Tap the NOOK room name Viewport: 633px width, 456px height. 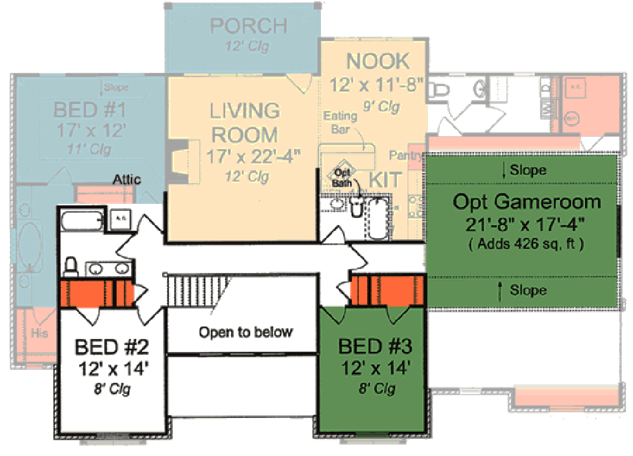coord(379,61)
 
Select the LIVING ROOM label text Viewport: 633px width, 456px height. coord(245,122)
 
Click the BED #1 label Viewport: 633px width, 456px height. coord(89,110)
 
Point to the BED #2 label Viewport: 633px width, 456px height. coord(111,348)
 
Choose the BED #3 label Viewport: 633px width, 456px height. coord(375,347)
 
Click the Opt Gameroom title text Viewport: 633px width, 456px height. coord(527,203)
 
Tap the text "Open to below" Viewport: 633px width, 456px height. coord(246,332)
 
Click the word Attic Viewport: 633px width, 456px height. coord(127,180)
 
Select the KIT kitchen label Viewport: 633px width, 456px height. coord(385,179)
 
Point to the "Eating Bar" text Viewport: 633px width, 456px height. coord(341,122)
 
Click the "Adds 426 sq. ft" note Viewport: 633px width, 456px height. coord(527,243)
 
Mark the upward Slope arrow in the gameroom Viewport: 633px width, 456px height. coord(501,291)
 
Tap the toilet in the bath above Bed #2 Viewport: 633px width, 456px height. coord(71,266)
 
